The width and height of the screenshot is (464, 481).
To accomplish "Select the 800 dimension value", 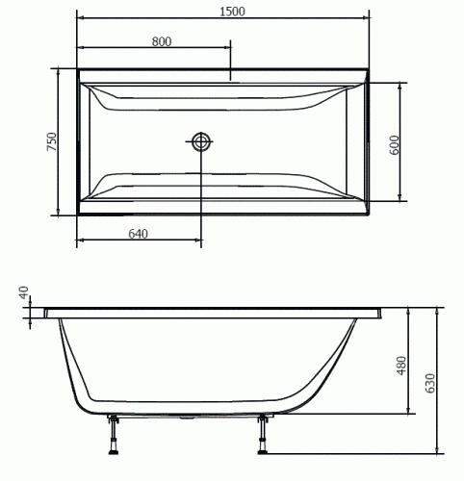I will coord(162,40).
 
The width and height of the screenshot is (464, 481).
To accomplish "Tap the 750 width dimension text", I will coord(53,142).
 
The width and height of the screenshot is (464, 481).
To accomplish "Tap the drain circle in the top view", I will coord(201,142).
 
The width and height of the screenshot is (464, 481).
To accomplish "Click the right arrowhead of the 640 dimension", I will coord(198,240).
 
